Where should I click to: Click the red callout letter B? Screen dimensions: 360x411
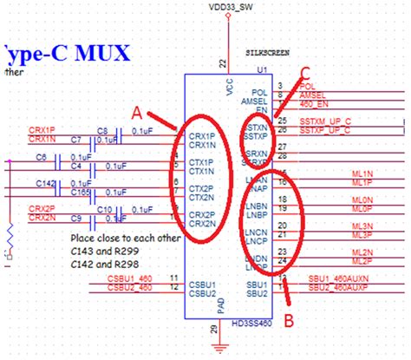coord(289,319)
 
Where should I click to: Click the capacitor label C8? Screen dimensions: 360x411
coord(101,129)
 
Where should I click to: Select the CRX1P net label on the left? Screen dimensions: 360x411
coord(42,129)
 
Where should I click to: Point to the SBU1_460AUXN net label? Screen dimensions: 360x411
coord(338,278)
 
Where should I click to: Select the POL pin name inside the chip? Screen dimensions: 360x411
coord(259,91)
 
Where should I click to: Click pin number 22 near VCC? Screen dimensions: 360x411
coord(223,63)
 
